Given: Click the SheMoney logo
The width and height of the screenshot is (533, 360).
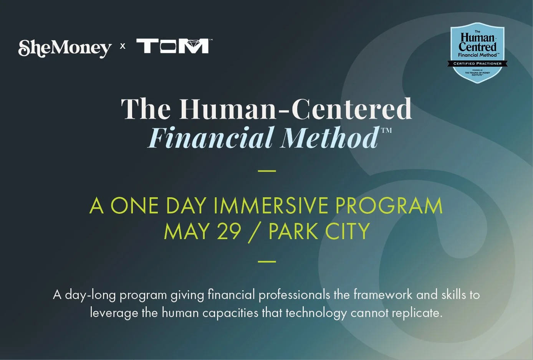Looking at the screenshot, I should click(65, 48).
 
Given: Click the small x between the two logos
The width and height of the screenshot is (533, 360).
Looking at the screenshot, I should click(123, 46).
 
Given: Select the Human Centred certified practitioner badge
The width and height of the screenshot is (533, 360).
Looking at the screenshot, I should click(477, 52).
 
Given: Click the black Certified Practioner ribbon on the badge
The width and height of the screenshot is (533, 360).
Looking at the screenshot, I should click(477, 63).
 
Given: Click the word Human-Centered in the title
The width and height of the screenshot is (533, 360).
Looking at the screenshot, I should click(295, 109).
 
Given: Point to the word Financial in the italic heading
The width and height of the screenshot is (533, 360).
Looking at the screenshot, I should click(212, 137).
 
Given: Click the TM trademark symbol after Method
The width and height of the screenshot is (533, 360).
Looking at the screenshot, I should click(386, 130).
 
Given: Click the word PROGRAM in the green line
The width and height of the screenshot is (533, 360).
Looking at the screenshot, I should click(389, 206).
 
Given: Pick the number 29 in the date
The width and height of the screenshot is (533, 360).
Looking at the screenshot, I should click(229, 231).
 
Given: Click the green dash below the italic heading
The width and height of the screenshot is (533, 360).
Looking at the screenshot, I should click(267, 170).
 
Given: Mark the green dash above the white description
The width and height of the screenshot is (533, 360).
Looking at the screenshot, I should click(267, 261).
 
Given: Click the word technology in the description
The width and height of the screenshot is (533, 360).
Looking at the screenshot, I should click(316, 313).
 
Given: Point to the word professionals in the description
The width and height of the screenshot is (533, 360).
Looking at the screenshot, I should click(294, 295).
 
